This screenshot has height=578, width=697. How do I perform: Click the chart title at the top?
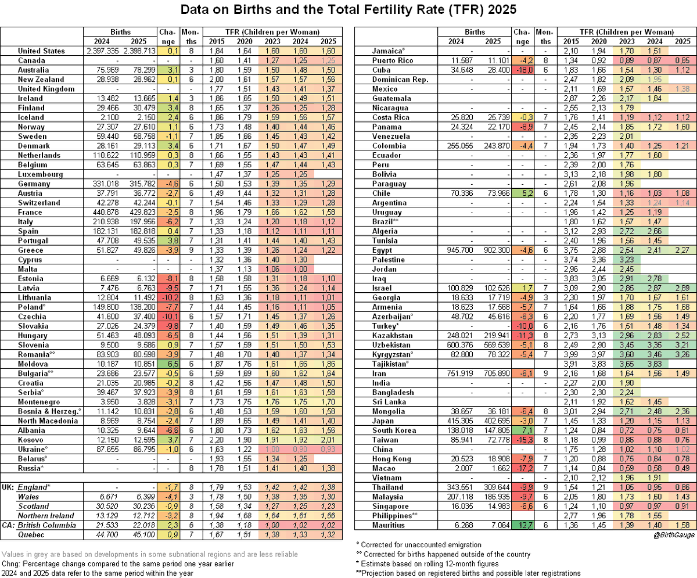tap(348, 10)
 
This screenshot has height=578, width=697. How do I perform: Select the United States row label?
tap(41, 51)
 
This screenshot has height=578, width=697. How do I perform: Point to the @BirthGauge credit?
tap(674, 535)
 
